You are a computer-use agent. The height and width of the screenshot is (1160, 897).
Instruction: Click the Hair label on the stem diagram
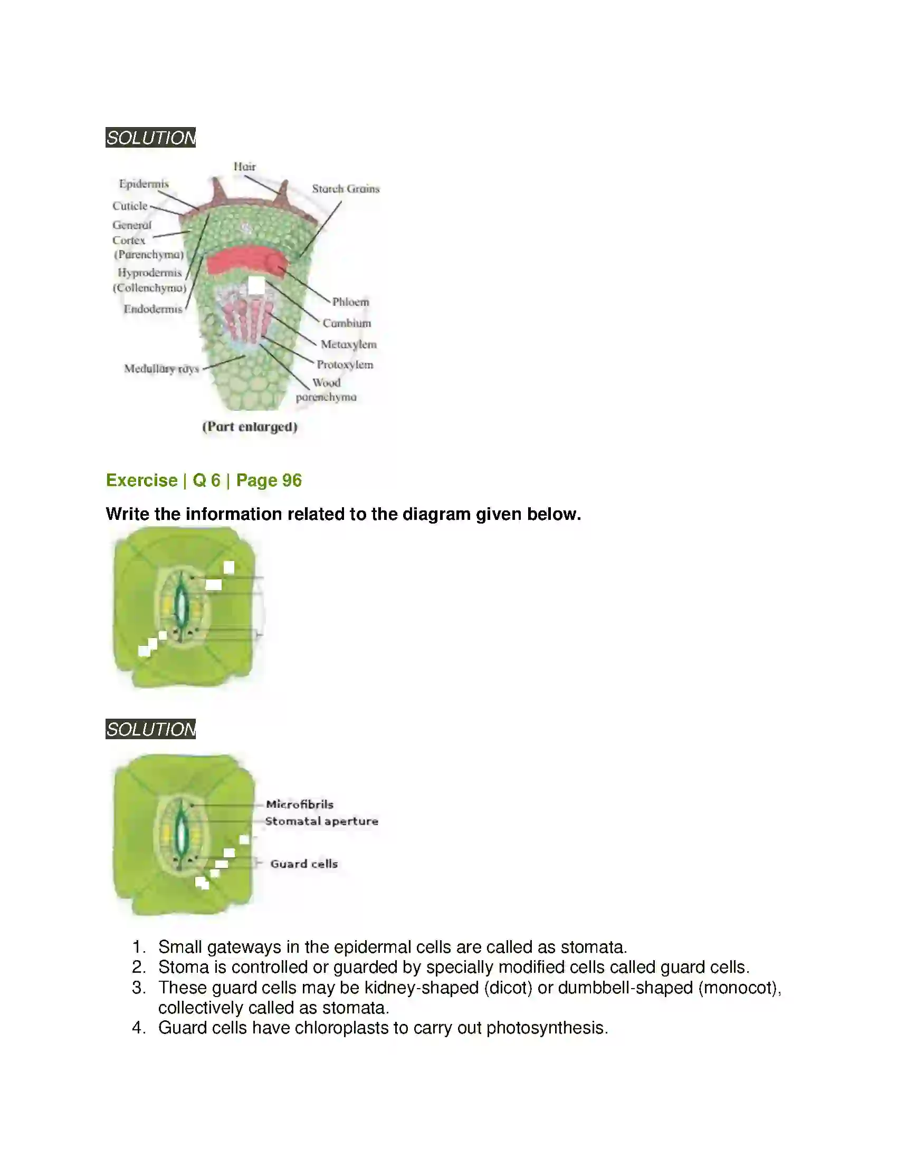click(x=244, y=167)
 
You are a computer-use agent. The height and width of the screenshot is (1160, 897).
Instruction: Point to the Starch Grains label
click(x=346, y=189)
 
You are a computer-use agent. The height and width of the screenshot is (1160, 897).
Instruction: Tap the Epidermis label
click(x=144, y=184)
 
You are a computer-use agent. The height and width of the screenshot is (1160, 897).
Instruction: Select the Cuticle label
click(x=130, y=206)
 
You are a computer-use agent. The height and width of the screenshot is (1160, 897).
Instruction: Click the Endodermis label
click(x=153, y=309)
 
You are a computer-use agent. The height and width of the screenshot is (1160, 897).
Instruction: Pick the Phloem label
click(x=350, y=302)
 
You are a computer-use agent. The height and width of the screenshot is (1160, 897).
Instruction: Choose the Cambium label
click(x=347, y=323)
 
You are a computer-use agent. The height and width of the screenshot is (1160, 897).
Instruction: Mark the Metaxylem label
click(x=348, y=345)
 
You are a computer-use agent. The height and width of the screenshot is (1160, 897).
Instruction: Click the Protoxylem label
click(x=345, y=365)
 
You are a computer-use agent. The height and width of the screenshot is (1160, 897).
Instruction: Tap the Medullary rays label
click(x=161, y=369)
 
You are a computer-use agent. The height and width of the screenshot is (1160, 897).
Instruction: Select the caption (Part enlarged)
click(x=249, y=427)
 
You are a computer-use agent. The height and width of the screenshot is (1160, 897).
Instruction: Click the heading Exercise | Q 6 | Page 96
click(x=204, y=480)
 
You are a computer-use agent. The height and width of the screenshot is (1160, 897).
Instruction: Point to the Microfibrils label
click(x=300, y=804)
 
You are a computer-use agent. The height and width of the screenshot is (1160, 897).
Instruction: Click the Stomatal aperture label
click(x=321, y=821)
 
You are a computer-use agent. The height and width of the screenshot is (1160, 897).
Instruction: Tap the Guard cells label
click(x=304, y=864)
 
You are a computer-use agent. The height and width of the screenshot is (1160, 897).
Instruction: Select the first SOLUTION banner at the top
click(x=150, y=138)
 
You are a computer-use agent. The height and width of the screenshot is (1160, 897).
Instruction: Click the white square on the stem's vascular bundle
click(x=256, y=285)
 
